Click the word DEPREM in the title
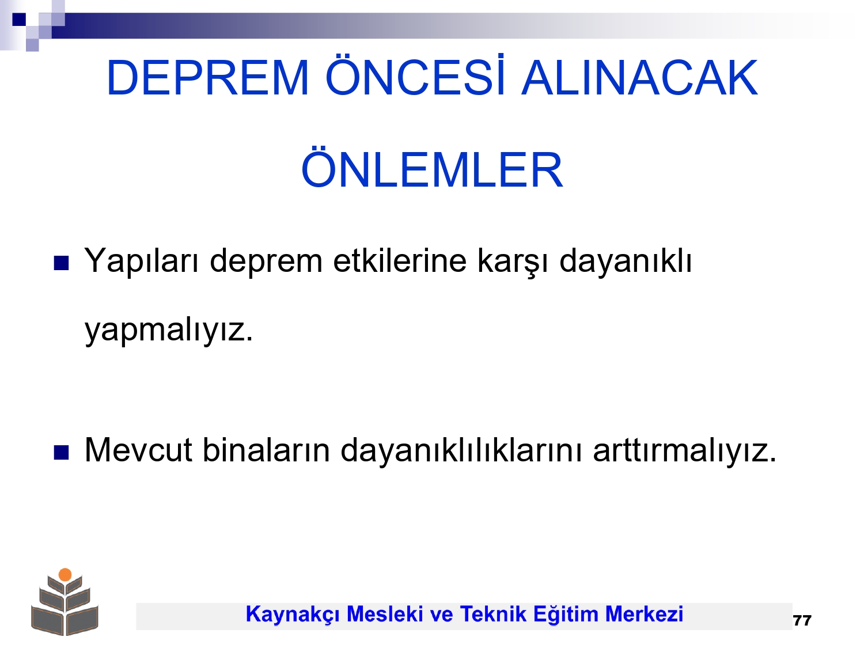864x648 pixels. (x=207, y=78)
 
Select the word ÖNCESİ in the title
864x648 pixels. (x=415, y=75)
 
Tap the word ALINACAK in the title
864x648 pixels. (x=639, y=78)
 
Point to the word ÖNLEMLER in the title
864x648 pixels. (x=432, y=166)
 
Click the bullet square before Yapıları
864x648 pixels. (x=61, y=263)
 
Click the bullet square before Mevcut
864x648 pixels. (x=61, y=453)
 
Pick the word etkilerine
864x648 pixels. (x=400, y=260)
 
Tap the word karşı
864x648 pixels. (x=513, y=262)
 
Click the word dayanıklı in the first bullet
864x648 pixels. (x=625, y=262)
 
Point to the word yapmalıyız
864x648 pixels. (x=169, y=330)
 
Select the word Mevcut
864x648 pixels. (x=138, y=450)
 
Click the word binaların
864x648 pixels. (x=266, y=450)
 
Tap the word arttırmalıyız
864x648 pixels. (x=684, y=451)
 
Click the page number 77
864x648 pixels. (x=802, y=620)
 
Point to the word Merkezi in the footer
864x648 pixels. (x=644, y=614)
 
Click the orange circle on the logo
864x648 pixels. (x=65, y=574)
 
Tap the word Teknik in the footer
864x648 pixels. (x=493, y=614)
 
